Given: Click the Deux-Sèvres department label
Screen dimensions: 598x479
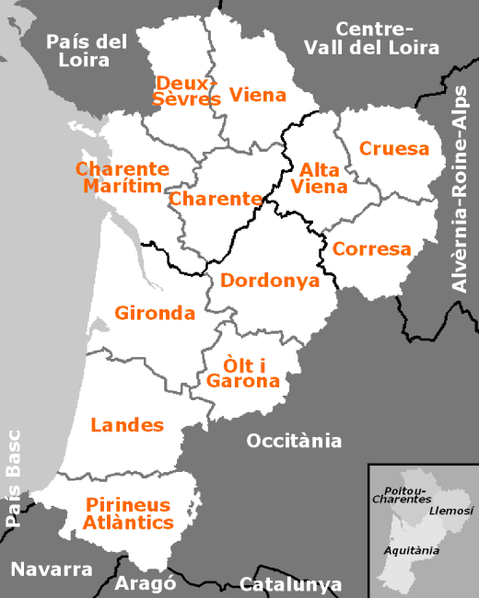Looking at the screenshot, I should (188, 90).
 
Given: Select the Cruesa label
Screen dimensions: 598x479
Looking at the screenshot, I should (394, 148).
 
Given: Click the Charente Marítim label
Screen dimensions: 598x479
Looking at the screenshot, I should (123, 178).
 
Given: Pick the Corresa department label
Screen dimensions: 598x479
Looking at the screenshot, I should (371, 248).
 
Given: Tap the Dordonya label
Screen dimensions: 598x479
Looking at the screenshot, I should (270, 281).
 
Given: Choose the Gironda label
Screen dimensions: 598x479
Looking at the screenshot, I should (155, 313).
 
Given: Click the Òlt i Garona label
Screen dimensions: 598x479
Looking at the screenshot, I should (243, 372).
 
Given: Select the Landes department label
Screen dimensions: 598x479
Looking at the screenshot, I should (127, 424).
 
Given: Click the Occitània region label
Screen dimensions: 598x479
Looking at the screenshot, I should (294, 441).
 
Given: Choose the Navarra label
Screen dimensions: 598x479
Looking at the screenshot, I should (51, 569).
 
